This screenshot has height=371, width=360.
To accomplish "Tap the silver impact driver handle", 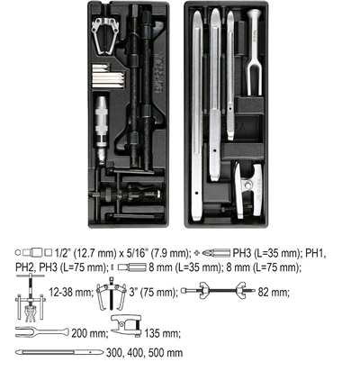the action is click(x=101, y=129).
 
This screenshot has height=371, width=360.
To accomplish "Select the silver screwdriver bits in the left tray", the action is click(x=108, y=77).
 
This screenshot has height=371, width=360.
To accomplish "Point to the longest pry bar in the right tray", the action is click(x=197, y=114).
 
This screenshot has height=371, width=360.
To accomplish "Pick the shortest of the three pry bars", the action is click(x=230, y=75).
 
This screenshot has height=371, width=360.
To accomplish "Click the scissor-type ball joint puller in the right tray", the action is click(x=247, y=190).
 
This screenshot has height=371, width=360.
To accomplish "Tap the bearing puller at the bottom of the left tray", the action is click(x=126, y=195).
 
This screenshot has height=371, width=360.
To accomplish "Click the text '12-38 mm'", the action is click(x=71, y=292).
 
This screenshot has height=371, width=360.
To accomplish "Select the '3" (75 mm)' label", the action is click(x=153, y=292).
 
